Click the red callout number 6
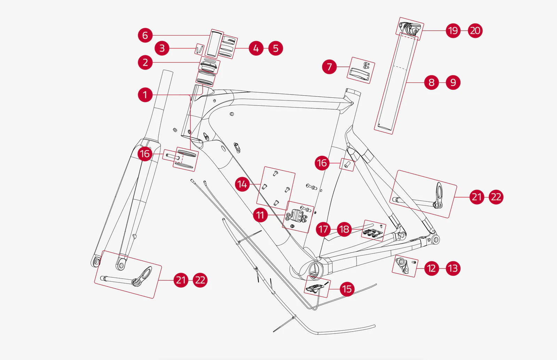pos(145,35)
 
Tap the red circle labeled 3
pos(162,48)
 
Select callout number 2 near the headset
pos(145,63)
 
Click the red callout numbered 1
pos(145,95)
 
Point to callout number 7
pos(329,67)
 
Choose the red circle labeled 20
pos(475,31)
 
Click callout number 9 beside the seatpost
pos(453,82)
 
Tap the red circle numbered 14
pos(242,184)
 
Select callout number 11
pos(260,215)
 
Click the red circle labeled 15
pos(347,289)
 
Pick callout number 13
pos(453,268)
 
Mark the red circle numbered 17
pos(323,229)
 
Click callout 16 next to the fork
pos(145,154)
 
